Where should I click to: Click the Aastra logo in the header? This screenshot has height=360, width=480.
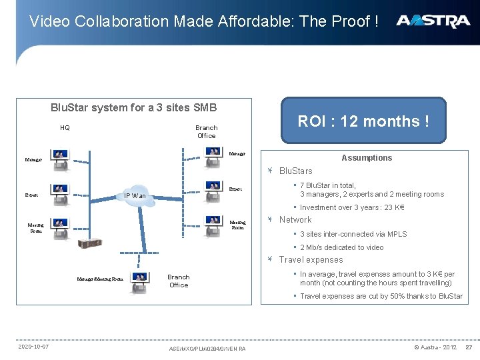[433, 21]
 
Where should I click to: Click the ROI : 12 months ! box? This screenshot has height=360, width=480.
[363, 121]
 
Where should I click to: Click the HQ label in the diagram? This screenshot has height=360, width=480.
[65, 127]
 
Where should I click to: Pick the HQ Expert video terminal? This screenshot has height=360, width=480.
[60, 193]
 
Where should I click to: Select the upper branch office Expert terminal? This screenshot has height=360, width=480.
[214, 191]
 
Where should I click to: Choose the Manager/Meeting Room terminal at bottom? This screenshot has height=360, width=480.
[140, 281]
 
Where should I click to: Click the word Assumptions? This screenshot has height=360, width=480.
[367, 158]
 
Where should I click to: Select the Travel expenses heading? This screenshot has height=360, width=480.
[311, 260]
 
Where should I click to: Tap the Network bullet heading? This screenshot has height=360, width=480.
[295, 219]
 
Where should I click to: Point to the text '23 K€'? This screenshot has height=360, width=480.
[395, 207]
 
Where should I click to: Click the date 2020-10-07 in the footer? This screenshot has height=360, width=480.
[33, 347]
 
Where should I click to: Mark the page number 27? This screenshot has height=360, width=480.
[468, 347]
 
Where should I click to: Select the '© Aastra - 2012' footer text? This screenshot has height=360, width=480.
[435, 347]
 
